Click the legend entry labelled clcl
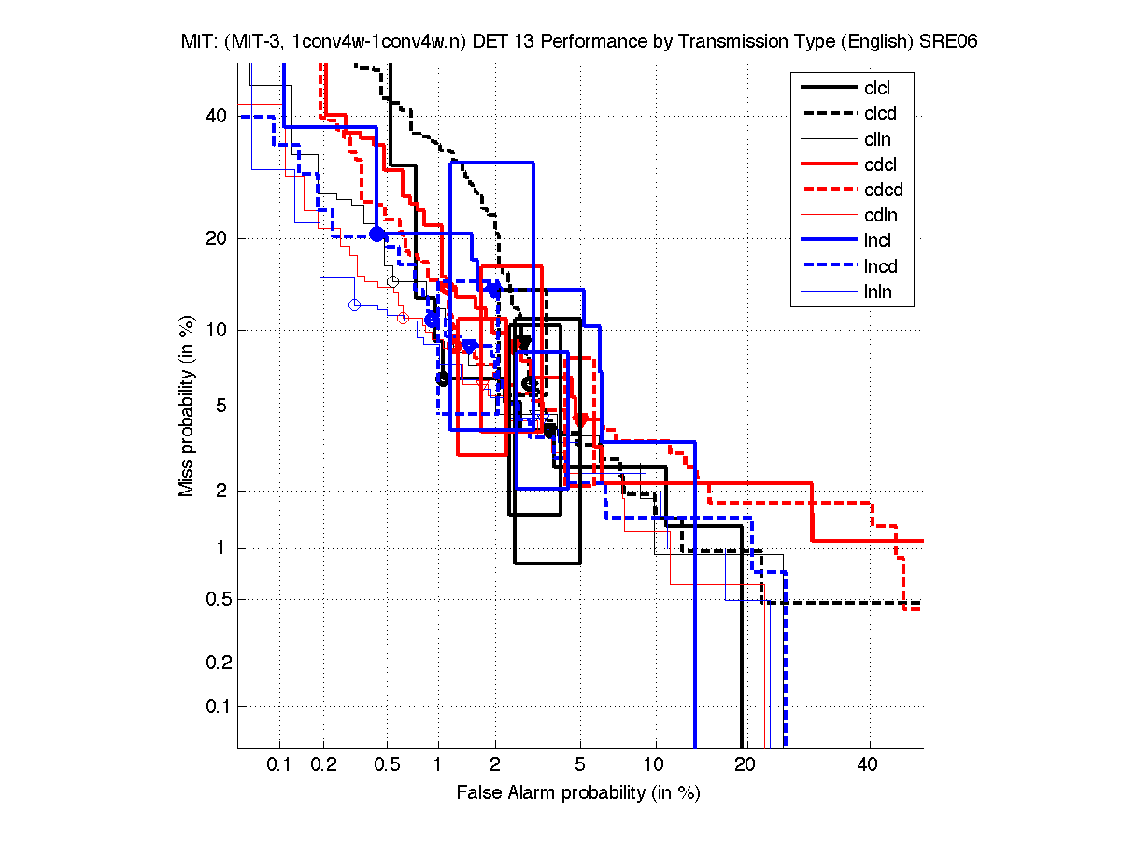pos(877,89)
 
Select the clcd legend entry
pos(878,114)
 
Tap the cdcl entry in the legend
pos(879,164)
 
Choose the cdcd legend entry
pos(881,191)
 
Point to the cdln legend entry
pos(878,216)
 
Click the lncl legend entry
pos(877,241)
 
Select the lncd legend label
pos(879,266)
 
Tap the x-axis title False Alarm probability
pos(578,793)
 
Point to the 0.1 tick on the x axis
pos(279,765)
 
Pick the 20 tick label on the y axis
pos(218,238)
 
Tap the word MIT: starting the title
pos(199,42)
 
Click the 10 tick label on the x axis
pos(655,765)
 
